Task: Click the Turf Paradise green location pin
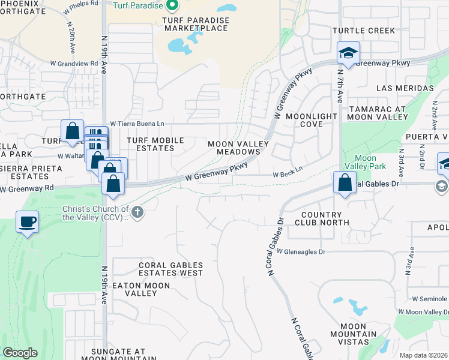172,6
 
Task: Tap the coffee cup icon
28,223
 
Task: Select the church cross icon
137,212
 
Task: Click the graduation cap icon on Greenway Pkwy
348,53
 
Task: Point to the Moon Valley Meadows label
234,148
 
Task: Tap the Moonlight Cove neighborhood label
312,120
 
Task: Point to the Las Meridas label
405,88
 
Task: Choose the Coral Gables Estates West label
170,269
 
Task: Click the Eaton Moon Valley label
141,289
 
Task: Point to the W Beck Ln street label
288,175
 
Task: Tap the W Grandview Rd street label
74,63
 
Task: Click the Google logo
20,353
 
